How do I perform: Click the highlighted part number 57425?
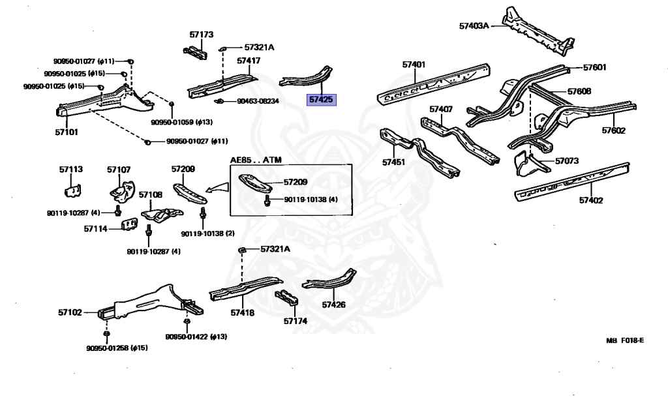[x=321, y=100]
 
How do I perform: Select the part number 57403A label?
[x=474, y=26]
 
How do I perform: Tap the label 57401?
[x=414, y=65]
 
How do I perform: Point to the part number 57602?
[x=614, y=131]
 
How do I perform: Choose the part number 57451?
[x=394, y=161]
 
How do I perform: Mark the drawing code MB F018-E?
[x=624, y=340]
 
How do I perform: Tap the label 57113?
[x=71, y=170]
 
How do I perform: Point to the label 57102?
[x=70, y=312]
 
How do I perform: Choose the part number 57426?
[x=333, y=305]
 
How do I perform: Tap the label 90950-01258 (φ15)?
[x=117, y=348]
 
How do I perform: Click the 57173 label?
[x=202, y=34]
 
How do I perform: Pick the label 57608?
[x=579, y=91]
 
